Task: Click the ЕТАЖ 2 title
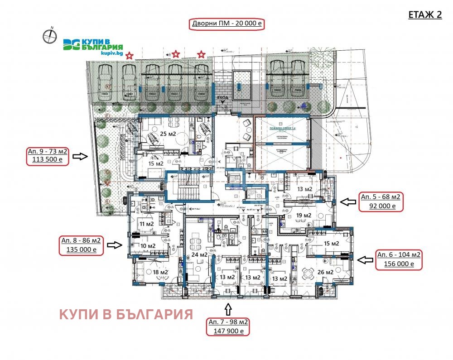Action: pos(425,14)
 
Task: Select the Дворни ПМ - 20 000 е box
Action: pos(226,24)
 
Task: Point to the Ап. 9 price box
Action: pos(48,155)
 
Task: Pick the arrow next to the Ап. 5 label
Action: pos(347,202)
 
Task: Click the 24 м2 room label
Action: pos(199,254)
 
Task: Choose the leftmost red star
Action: pos(130,56)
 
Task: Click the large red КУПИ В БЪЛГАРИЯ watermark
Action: pos(126,314)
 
